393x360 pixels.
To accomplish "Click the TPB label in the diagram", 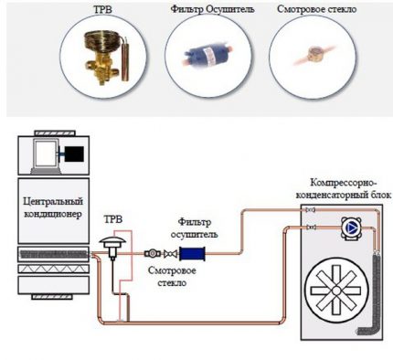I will (112, 220).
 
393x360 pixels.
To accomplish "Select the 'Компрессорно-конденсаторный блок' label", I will (339, 187).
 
